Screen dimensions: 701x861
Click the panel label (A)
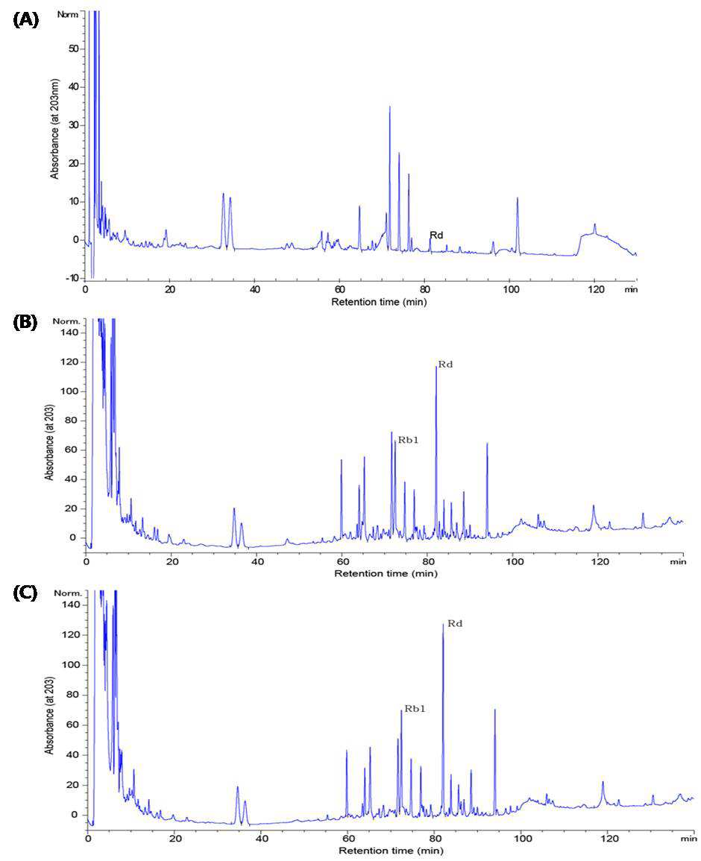point(26,20)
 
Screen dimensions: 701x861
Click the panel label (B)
point(25,322)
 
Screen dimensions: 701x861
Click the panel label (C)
point(25,594)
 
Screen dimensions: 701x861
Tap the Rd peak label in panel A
point(436,235)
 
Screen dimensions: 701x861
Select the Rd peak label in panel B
point(445,365)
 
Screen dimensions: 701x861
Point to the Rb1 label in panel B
point(408,439)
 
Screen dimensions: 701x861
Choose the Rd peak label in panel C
point(455,624)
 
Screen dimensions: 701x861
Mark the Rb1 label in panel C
point(415,709)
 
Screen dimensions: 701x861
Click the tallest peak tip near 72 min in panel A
point(389,107)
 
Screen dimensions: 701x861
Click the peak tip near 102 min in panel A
point(517,198)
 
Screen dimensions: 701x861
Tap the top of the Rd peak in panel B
point(436,366)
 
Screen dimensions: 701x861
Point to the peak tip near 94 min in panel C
point(494,710)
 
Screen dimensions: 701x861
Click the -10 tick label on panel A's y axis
point(72,278)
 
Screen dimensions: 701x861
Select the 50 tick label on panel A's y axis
point(74,49)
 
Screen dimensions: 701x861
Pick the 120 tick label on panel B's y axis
point(70,362)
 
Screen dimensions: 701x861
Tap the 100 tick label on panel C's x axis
point(523,839)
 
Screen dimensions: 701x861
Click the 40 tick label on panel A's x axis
point(254,288)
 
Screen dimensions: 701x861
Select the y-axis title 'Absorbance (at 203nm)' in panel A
point(54,129)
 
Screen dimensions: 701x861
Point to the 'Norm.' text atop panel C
point(68,593)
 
